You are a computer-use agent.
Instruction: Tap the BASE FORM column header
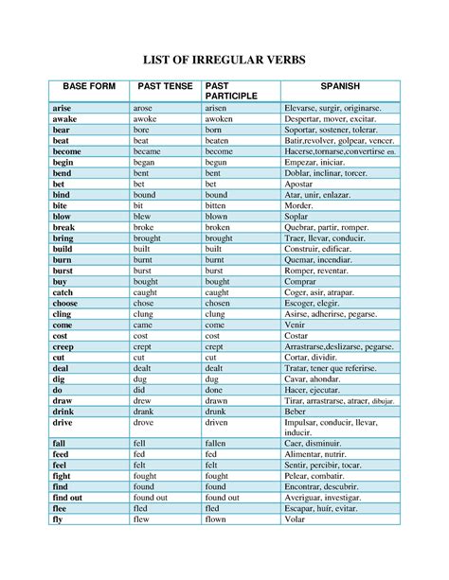click(x=85, y=87)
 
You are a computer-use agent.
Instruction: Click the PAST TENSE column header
click(x=165, y=87)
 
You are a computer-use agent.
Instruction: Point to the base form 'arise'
click(x=63, y=109)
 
